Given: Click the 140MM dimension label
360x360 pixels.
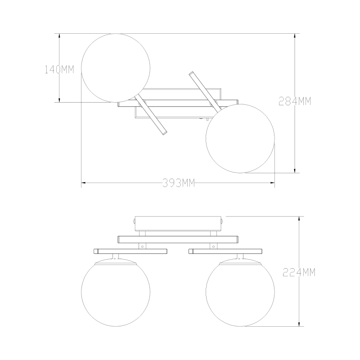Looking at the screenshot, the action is tap(59, 69).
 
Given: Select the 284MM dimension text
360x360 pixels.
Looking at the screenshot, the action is tap(295, 101).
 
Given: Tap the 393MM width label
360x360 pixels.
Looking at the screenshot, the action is tap(179, 183).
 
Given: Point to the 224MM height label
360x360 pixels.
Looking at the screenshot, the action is tap(299, 272).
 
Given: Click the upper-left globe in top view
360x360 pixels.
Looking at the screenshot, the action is tap(116, 68).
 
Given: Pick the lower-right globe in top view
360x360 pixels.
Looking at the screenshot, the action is tap(240, 139).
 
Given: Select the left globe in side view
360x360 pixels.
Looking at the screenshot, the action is tap(116, 294).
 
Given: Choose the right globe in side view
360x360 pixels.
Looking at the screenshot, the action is tap(240, 294).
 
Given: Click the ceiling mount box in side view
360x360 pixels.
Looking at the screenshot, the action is tap(178, 224).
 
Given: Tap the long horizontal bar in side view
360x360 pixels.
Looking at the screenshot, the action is tap(178, 239).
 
